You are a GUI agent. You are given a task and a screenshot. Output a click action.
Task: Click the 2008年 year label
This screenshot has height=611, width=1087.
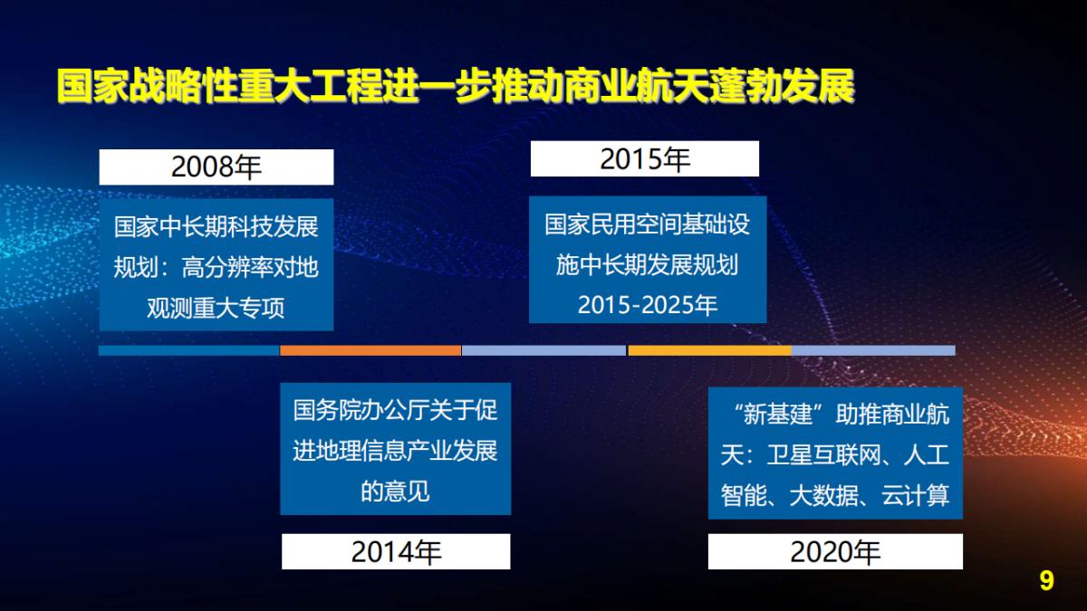tap(216, 167)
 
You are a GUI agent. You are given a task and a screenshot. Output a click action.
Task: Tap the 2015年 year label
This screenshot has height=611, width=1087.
tap(644, 159)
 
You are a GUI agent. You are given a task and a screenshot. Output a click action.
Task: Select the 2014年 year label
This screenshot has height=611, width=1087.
tap(396, 552)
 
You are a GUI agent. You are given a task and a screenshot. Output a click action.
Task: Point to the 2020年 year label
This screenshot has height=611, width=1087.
tap(834, 552)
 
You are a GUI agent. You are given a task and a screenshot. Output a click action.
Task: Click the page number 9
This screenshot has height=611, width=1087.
tap(1046, 580)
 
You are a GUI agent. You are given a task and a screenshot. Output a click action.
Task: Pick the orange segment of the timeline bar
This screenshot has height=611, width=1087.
tap(370, 350)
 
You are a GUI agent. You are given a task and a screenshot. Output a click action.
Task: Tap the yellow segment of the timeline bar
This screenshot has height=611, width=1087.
tap(709, 350)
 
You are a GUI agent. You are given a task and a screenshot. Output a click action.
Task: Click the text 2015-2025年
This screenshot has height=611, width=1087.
tap(647, 306)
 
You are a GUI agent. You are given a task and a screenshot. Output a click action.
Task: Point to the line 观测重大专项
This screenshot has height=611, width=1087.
tap(216, 308)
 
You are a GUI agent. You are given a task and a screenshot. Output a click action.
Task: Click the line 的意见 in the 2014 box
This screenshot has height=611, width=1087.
tap(395, 492)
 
